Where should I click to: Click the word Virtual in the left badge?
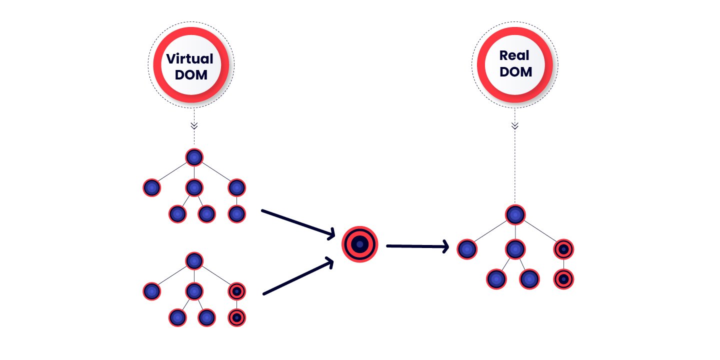point(190,59)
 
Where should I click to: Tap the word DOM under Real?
point(516,71)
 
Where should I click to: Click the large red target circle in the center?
point(359,244)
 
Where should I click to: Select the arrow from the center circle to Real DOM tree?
point(417,246)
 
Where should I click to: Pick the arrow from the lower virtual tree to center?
point(298,276)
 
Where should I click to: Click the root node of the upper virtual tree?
point(194,157)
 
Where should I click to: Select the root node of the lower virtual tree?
point(194,260)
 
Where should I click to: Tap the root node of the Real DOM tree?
point(514,214)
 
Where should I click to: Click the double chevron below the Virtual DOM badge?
point(194,125)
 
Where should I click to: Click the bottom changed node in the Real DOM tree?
point(563,279)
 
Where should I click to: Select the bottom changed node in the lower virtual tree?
point(237,317)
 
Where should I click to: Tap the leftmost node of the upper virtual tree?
point(151,188)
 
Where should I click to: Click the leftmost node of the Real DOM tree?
point(466,249)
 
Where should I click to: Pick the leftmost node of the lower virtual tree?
point(151,291)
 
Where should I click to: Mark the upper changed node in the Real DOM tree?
point(563,249)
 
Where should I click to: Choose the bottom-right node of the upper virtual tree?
point(237,214)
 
